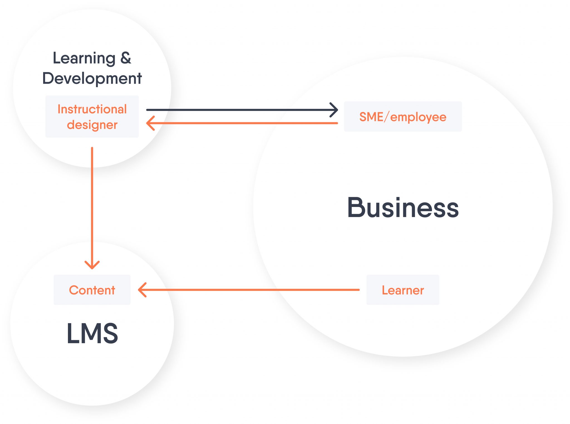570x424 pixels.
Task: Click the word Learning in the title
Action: [84, 58]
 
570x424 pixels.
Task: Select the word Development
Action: [92, 78]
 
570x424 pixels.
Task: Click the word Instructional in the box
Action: [92, 109]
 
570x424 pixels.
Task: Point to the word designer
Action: [92, 125]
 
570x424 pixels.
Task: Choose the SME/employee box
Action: [402, 117]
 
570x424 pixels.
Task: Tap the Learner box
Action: [402, 290]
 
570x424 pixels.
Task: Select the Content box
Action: [92, 290]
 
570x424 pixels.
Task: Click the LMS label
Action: [92, 333]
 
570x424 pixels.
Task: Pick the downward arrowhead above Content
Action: [92, 265]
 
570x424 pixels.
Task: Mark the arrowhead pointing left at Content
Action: [142, 290]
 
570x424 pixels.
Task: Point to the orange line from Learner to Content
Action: [250, 290]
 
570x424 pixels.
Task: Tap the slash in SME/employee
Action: [387, 117]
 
